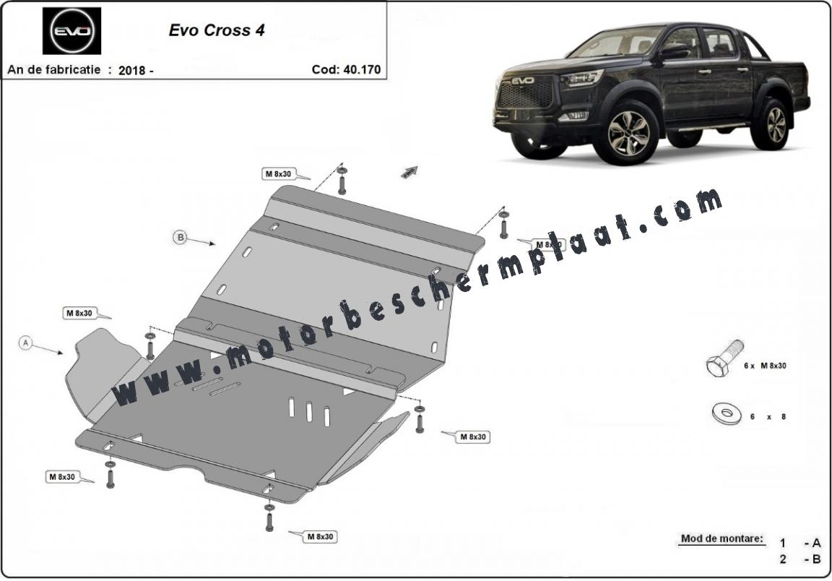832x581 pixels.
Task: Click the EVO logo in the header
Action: click(x=71, y=31)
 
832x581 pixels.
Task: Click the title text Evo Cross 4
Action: click(x=217, y=30)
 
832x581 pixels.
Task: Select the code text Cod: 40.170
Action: click(x=346, y=69)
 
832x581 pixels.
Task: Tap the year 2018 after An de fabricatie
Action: click(x=133, y=70)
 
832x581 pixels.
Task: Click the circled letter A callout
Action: click(x=25, y=343)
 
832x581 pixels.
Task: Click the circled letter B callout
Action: click(x=181, y=237)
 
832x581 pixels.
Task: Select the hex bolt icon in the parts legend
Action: click(x=724, y=358)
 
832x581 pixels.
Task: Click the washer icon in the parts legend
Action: click(x=725, y=414)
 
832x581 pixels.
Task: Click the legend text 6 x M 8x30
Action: click(x=765, y=366)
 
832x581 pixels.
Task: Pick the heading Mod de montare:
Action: click(x=721, y=538)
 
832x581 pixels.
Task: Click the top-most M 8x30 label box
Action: click(x=279, y=173)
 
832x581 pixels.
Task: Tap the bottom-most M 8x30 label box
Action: click(x=321, y=536)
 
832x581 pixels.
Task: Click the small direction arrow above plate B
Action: click(x=409, y=171)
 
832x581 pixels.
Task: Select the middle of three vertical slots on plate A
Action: click(x=309, y=412)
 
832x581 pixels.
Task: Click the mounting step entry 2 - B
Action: click(x=800, y=559)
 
